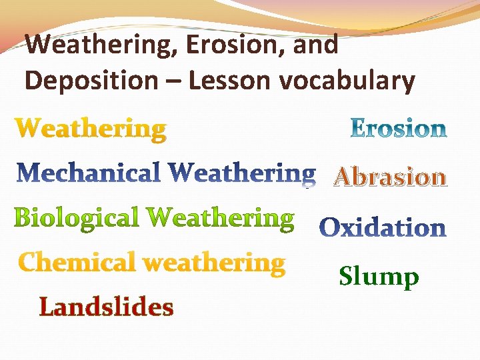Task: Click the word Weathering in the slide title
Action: (x=102, y=45)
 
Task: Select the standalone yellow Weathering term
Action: (x=91, y=129)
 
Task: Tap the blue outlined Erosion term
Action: (x=399, y=128)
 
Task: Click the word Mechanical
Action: (x=89, y=173)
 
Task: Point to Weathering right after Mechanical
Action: (x=241, y=174)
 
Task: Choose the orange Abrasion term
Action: (x=390, y=177)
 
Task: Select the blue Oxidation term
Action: (x=383, y=227)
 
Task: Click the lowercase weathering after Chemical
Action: (x=214, y=263)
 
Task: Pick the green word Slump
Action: (x=379, y=276)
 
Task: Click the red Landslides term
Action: (x=107, y=307)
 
